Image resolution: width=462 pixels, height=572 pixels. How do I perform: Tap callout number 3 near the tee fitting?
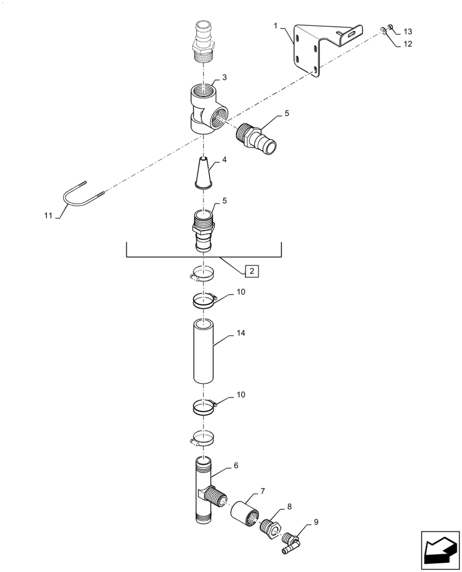click(225, 77)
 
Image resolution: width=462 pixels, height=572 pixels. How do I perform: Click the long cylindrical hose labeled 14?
click(204, 351)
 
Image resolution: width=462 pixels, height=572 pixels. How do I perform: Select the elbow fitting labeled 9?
click(291, 540)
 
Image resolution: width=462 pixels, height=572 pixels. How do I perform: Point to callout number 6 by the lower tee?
click(235, 466)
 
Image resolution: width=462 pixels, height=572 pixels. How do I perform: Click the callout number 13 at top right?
click(408, 31)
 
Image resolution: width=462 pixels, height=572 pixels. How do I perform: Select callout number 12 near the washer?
click(408, 43)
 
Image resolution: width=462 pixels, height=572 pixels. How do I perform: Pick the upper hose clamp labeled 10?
click(203, 299)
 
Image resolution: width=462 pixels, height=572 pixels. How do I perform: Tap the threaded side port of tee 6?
click(216, 495)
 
